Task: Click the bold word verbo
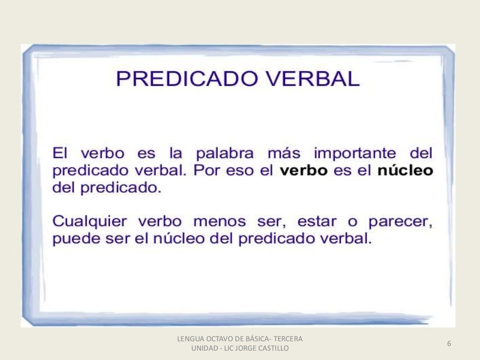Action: (x=304, y=171)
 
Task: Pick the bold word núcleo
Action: (x=405, y=171)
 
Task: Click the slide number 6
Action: (x=449, y=344)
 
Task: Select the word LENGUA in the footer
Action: (x=189, y=338)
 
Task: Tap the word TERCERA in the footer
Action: (x=288, y=338)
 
